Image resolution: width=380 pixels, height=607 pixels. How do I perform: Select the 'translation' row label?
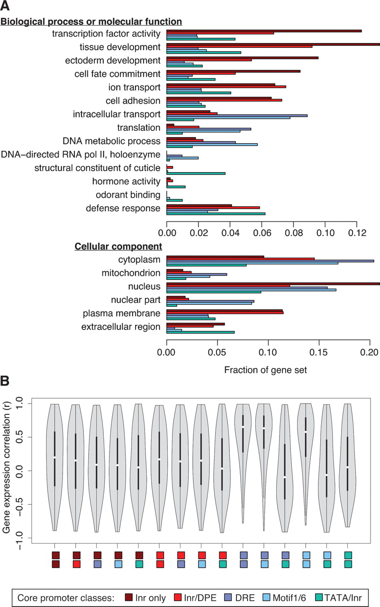click(139, 128)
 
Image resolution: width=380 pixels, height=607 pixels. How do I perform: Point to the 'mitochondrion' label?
click(131, 273)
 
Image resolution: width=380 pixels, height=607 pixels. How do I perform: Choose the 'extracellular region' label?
click(121, 327)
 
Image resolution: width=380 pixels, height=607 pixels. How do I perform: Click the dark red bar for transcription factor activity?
click(264, 31)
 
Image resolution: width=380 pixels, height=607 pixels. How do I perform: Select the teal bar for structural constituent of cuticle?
click(196, 174)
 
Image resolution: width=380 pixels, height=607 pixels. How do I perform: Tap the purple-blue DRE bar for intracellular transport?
click(237, 115)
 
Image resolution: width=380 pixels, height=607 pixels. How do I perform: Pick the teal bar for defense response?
click(216, 214)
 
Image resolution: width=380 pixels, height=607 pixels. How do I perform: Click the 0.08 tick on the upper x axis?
click(294, 233)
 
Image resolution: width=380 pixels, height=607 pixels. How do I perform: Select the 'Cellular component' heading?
click(118, 247)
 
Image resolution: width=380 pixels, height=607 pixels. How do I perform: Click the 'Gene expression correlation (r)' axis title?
click(8, 469)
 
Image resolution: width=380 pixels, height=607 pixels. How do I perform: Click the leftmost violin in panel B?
click(54, 467)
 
